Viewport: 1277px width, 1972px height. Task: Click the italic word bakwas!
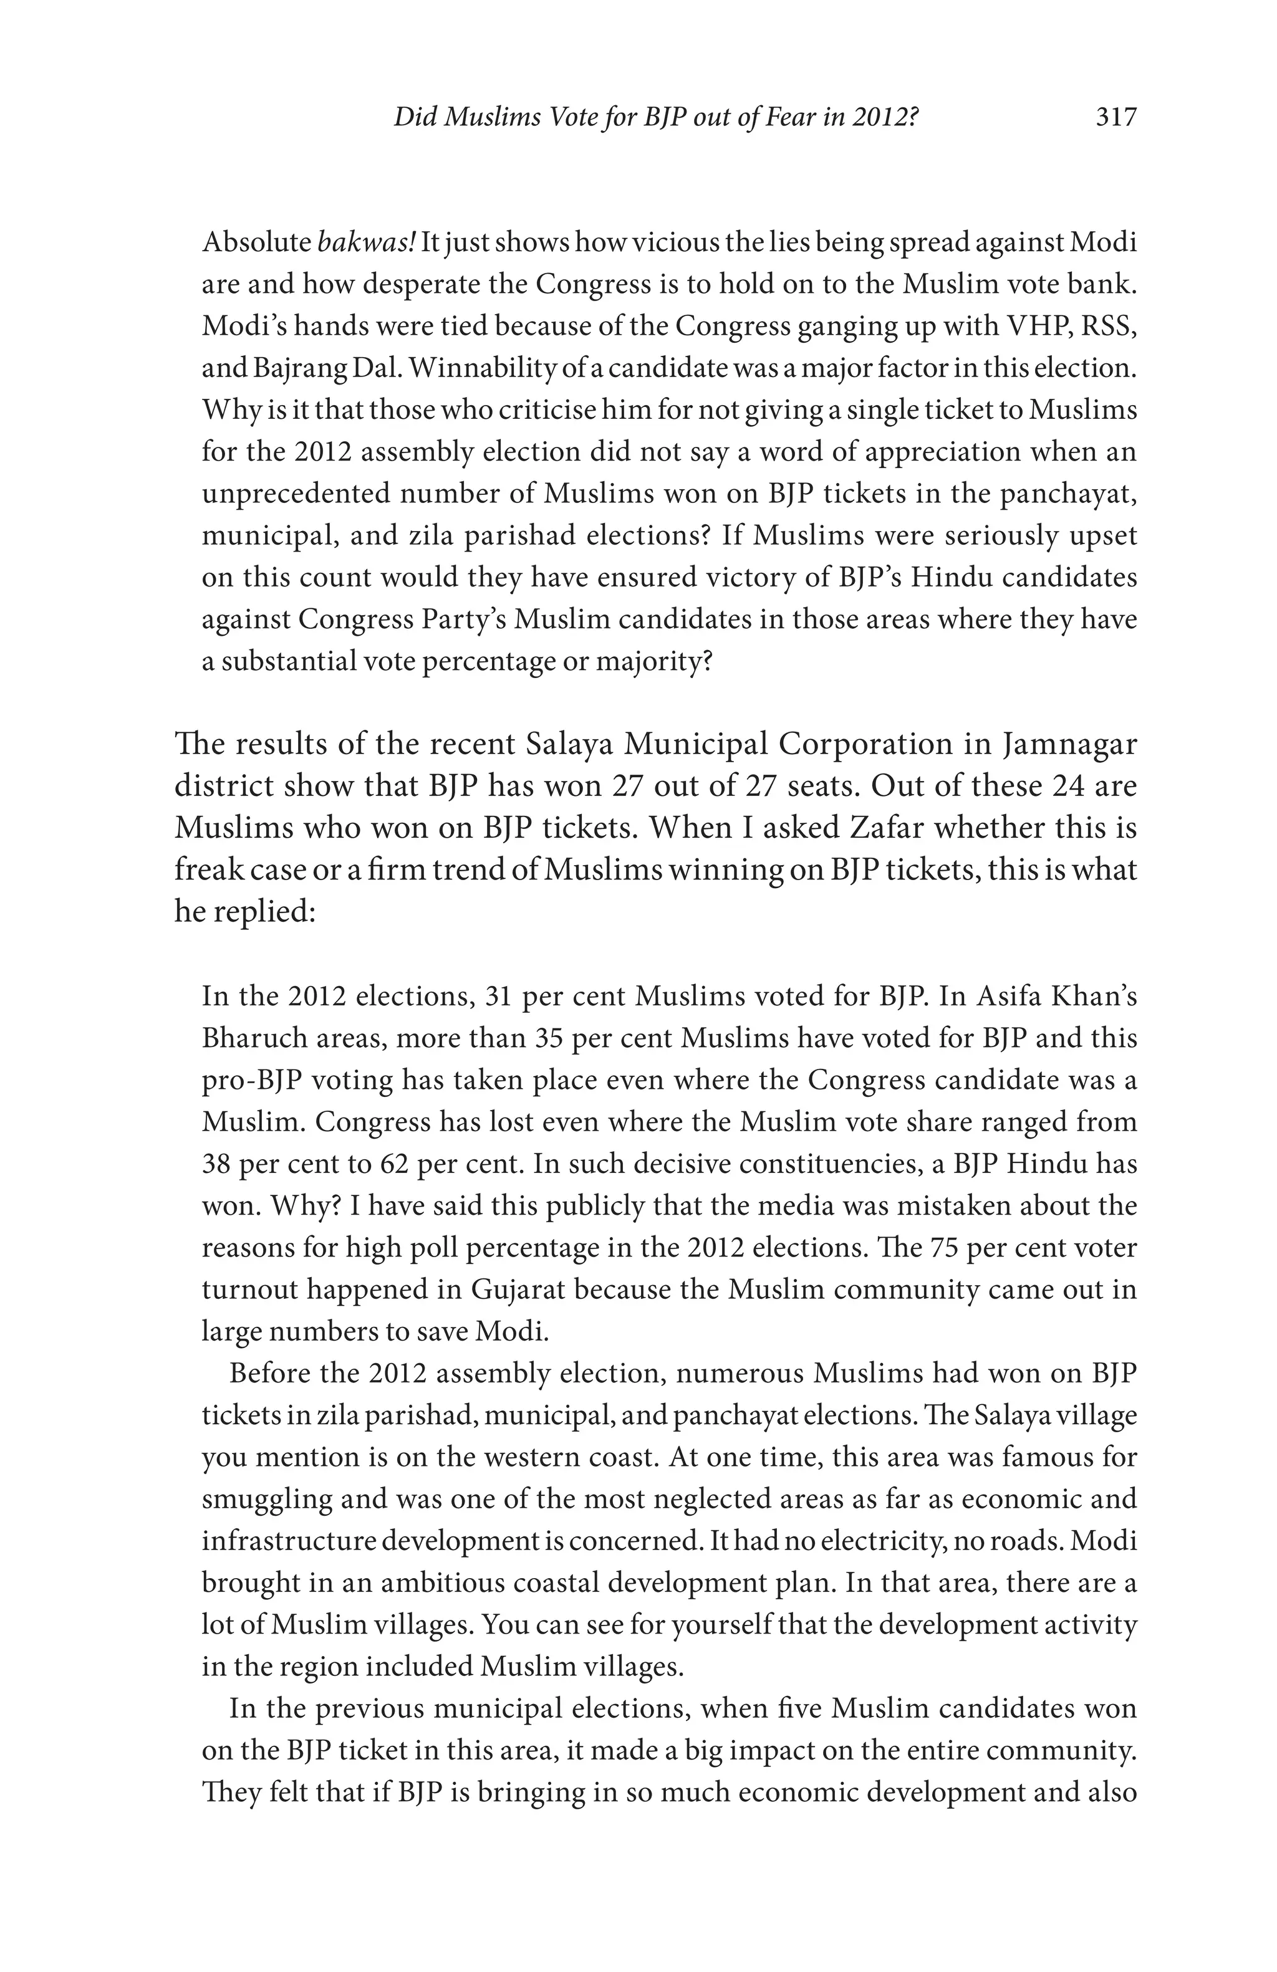[x=365, y=243]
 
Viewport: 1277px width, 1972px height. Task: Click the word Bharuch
[x=254, y=1038]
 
